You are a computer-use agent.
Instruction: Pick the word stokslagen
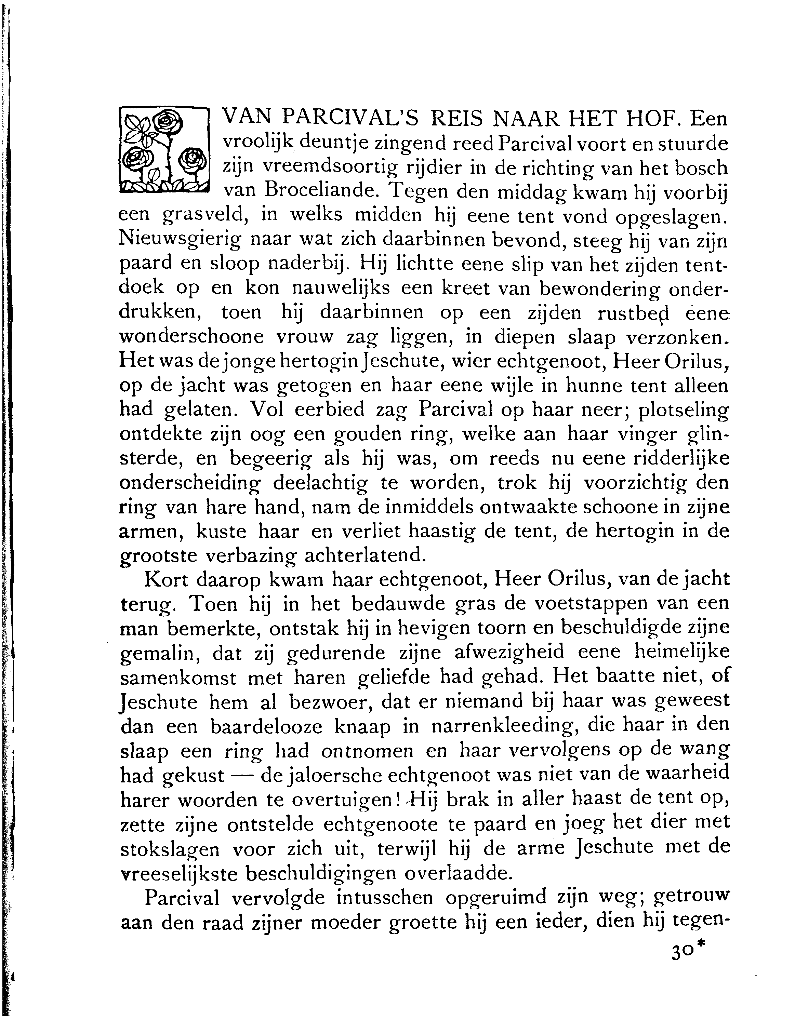point(170,848)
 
